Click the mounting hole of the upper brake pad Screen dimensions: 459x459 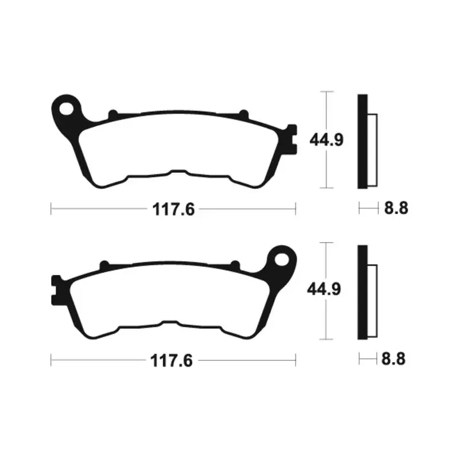tap(66, 109)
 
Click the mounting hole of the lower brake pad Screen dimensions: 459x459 tap(282, 260)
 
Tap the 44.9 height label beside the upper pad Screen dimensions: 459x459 tap(326, 139)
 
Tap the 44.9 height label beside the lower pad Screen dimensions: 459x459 tap(324, 289)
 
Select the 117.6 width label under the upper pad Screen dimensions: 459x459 tap(174, 209)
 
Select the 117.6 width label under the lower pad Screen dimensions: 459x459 tap(172, 361)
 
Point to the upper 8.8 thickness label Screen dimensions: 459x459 tap(396, 208)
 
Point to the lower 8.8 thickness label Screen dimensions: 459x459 tap(393, 359)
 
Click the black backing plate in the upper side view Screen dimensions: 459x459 tap(363, 141)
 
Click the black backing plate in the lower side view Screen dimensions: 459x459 tap(363, 293)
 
